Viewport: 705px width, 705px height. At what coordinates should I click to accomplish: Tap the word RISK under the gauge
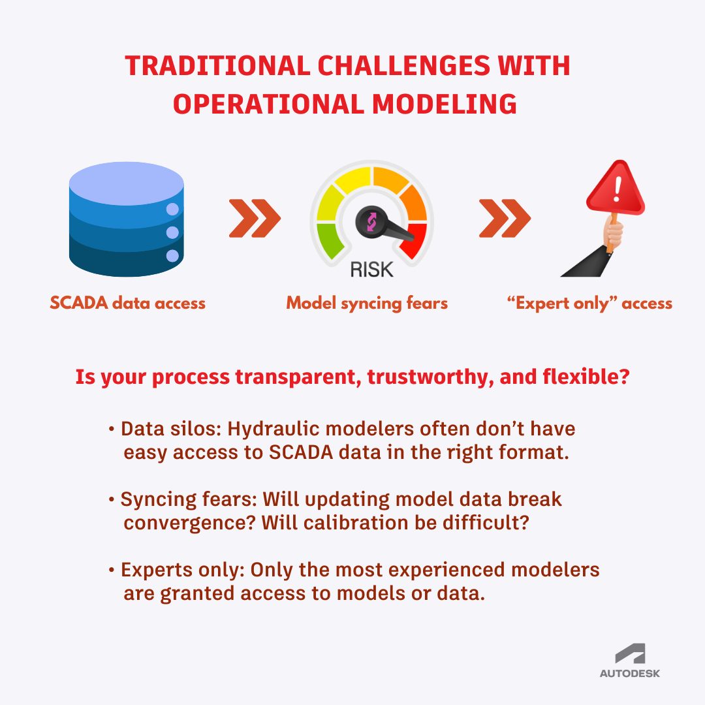(372, 268)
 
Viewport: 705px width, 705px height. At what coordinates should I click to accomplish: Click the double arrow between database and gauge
(255, 219)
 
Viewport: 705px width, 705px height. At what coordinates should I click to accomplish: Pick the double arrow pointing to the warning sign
(505, 219)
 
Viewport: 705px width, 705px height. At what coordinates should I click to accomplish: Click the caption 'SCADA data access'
(128, 303)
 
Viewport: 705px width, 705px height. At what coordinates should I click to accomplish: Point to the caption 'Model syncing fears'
(367, 303)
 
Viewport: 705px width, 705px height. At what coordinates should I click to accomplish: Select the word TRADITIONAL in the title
(213, 67)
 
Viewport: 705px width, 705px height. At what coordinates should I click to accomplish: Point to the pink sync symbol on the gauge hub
(370, 222)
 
